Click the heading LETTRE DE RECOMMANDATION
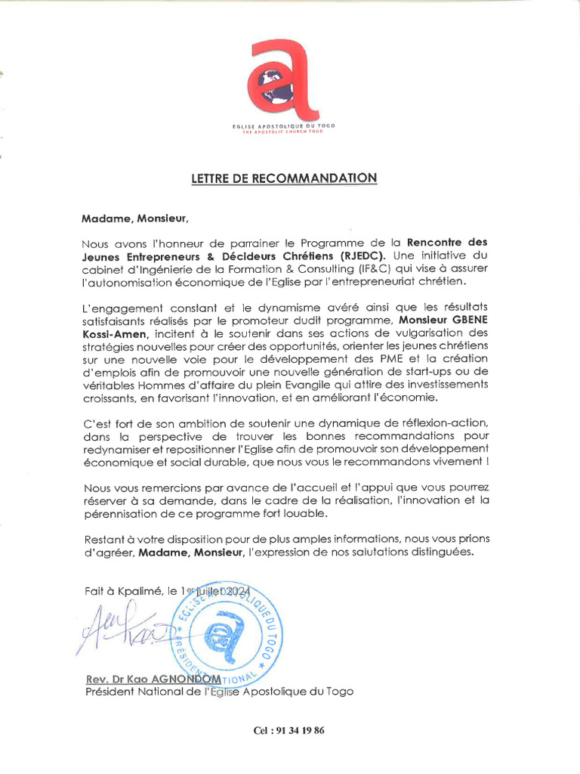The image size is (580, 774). [283, 178]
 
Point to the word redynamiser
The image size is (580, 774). [116, 449]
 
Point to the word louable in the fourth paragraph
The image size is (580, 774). [307, 513]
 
